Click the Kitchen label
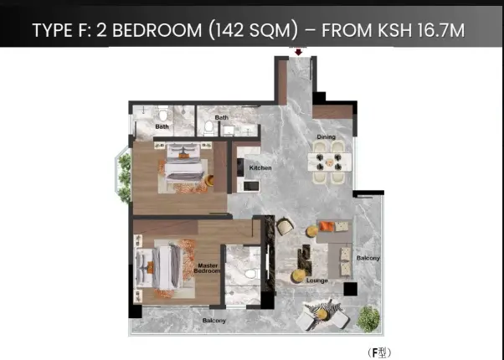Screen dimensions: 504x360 coord(260,167)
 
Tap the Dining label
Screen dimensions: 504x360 coord(326,137)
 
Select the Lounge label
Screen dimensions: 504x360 coord(317,280)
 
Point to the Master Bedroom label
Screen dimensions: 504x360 coord(208,268)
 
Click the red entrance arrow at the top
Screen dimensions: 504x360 coord(299,52)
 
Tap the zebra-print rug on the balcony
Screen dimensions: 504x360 coord(322,310)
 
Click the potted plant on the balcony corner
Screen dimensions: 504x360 coord(368,319)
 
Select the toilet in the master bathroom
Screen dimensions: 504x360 coord(249,274)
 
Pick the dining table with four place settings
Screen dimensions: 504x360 coord(329,162)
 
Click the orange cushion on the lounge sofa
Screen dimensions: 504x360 coord(327,226)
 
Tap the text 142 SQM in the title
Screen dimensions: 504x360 coord(254,30)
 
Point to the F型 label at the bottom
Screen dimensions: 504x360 coord(379,352)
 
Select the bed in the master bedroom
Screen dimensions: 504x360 coord(159,267)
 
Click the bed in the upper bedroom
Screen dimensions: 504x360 coord(184,163)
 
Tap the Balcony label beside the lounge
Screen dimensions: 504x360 coord(368,258)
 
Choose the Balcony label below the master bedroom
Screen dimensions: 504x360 coord(214,321)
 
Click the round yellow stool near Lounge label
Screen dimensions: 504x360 coord(299,275)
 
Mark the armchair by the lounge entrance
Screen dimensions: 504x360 coord(285,226)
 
